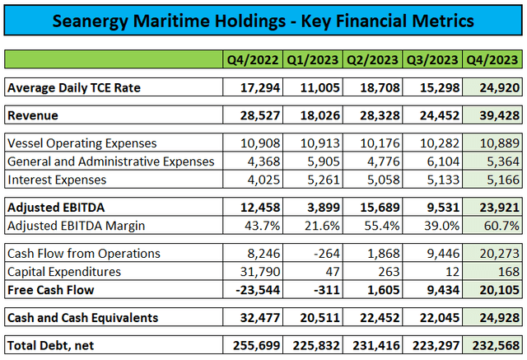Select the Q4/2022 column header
point(252,59)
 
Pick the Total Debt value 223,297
point(436,342)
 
